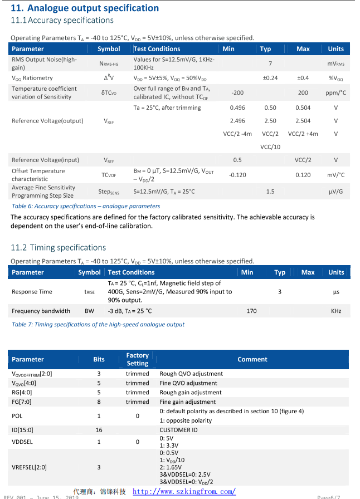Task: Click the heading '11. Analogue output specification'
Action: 85,8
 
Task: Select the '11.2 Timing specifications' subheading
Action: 58,247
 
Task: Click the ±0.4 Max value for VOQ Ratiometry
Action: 303,78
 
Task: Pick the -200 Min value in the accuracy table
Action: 237,93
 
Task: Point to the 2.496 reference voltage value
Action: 237,121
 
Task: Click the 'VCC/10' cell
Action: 270,147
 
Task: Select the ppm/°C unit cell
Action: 335,93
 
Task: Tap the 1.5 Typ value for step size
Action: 270,192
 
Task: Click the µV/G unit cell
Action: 335,192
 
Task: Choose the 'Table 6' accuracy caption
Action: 86,206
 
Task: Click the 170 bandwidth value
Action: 251,311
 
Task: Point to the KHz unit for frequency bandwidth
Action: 335,311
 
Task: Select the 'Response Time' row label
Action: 32,292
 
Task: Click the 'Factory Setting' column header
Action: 137,359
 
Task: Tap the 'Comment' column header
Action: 252,359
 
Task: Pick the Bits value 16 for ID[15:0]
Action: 99,430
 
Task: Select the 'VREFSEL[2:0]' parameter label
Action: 29,467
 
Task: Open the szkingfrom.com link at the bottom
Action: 184,492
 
